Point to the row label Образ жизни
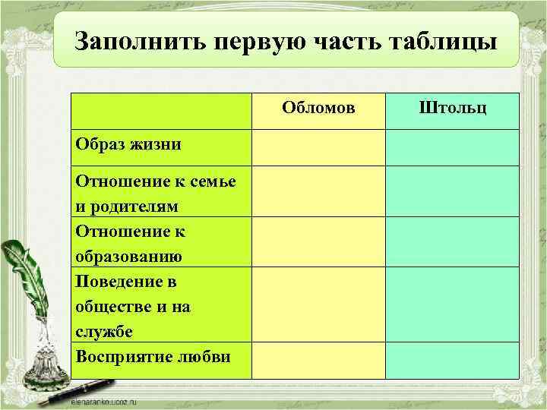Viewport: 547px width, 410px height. (x=128, y=144)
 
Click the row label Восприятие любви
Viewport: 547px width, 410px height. (x=153, y=357)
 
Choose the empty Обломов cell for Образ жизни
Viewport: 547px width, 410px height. (x=318, y=147)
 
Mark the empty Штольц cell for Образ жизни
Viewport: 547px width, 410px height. (x=452, y=147)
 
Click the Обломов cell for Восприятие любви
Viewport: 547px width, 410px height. (x=318, y=360)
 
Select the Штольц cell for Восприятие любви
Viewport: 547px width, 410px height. (x=452, y=360)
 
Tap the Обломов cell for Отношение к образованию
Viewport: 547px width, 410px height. (x=318, y=241)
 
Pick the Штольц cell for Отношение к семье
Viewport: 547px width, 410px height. (x=452, y=191)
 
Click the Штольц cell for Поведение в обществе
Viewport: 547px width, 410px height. (x=452, y=304)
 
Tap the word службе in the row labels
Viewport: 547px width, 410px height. (x=104, y=332)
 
